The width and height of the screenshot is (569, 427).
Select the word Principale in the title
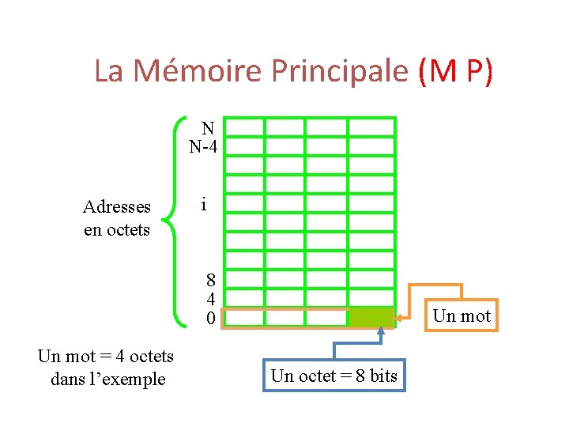[341, 71]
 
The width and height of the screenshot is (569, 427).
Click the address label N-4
[204, 146]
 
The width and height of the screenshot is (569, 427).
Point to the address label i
[204, 205]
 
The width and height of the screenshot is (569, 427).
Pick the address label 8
[210, 280]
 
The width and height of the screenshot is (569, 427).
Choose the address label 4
[210, 299]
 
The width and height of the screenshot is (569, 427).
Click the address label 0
[210, 318]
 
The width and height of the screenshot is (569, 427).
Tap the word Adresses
[117, 207]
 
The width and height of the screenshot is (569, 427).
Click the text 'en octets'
[117, 230]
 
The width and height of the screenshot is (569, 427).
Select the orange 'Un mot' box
[462, 316]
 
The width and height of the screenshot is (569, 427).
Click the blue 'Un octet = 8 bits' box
[334, 376]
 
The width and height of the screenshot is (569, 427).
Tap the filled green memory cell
[371, 317]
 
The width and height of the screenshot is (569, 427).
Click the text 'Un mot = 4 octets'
[106, 356]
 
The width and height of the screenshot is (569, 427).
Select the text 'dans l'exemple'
[107, 379]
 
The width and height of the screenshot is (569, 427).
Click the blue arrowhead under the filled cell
[381, 331]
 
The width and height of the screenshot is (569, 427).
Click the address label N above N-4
[207, 128]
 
